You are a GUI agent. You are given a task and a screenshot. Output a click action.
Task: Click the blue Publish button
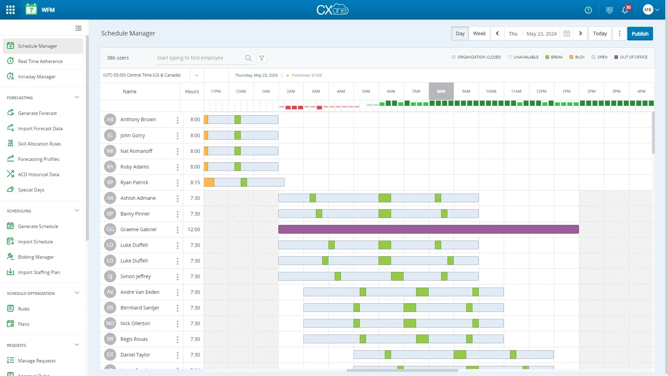coord(640,34)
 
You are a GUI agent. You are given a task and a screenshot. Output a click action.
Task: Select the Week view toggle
coord(479,34)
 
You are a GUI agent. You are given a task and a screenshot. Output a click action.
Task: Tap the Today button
coord(600,34)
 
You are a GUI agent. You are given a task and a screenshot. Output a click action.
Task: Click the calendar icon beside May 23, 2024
coord(567,34)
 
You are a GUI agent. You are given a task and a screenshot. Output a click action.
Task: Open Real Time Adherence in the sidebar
coord(40,61)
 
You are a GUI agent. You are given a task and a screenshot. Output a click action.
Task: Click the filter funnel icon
coord(262,58)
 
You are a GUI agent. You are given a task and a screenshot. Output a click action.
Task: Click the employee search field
coord(200,58)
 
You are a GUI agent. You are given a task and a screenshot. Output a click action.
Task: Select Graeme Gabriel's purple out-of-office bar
coord(428,229)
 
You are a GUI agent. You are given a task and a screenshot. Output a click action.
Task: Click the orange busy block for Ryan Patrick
coord(209,182)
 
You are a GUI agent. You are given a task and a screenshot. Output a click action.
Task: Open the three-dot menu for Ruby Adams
coord(177,167)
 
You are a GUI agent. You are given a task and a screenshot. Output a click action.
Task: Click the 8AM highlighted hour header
coord(441,91)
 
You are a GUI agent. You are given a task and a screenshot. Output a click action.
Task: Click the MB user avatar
coord(647,10)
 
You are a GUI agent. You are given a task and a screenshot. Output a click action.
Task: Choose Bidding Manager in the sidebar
coord(36,257)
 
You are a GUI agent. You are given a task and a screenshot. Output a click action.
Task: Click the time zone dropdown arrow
coord(197,75)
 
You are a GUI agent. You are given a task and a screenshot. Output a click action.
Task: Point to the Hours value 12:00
coord(194,229)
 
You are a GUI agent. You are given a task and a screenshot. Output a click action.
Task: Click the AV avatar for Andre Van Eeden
coord(110,292)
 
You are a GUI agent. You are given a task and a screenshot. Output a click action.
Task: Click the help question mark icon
coord(588,10)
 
